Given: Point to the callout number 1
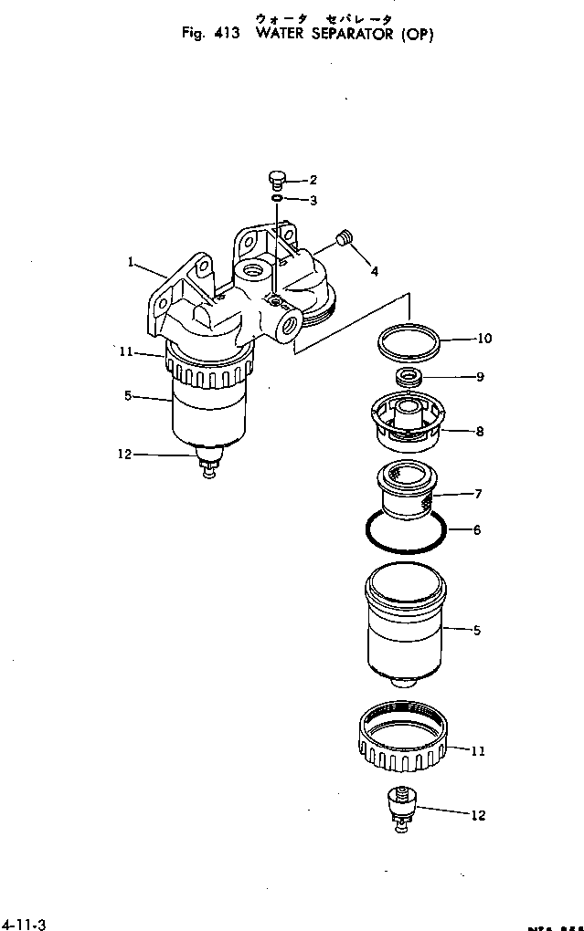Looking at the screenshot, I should click(x=132, y=262).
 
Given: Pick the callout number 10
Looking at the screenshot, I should click(x=483, y=339).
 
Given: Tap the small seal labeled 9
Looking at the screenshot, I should click(x=408, y=377).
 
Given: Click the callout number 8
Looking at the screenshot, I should click(x=480, y=432).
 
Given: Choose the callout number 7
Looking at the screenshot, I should click(x=478, y=494).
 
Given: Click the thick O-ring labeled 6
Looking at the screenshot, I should click(x=405, y=532).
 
